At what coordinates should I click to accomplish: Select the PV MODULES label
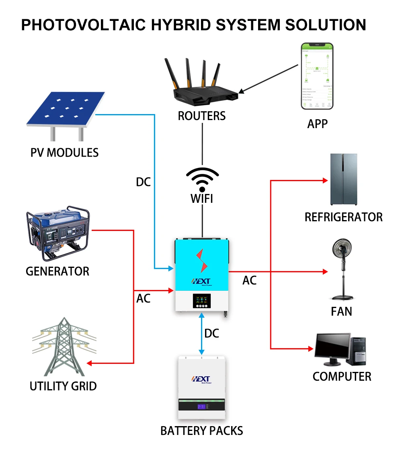(64, 153)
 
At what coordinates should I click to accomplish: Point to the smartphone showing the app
(317, 76)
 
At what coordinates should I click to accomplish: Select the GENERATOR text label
(57, 271)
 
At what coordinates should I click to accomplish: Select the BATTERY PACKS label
(201, 431)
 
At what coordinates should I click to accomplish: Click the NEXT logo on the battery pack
(201, 379)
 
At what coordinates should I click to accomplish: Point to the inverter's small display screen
(202, 301)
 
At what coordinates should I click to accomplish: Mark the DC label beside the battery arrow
(211, 333)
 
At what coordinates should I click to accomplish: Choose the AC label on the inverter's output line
(249, 280)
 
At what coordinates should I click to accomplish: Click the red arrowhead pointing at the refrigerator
(326, 181)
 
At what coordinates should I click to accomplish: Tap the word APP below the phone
(317, 124)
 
